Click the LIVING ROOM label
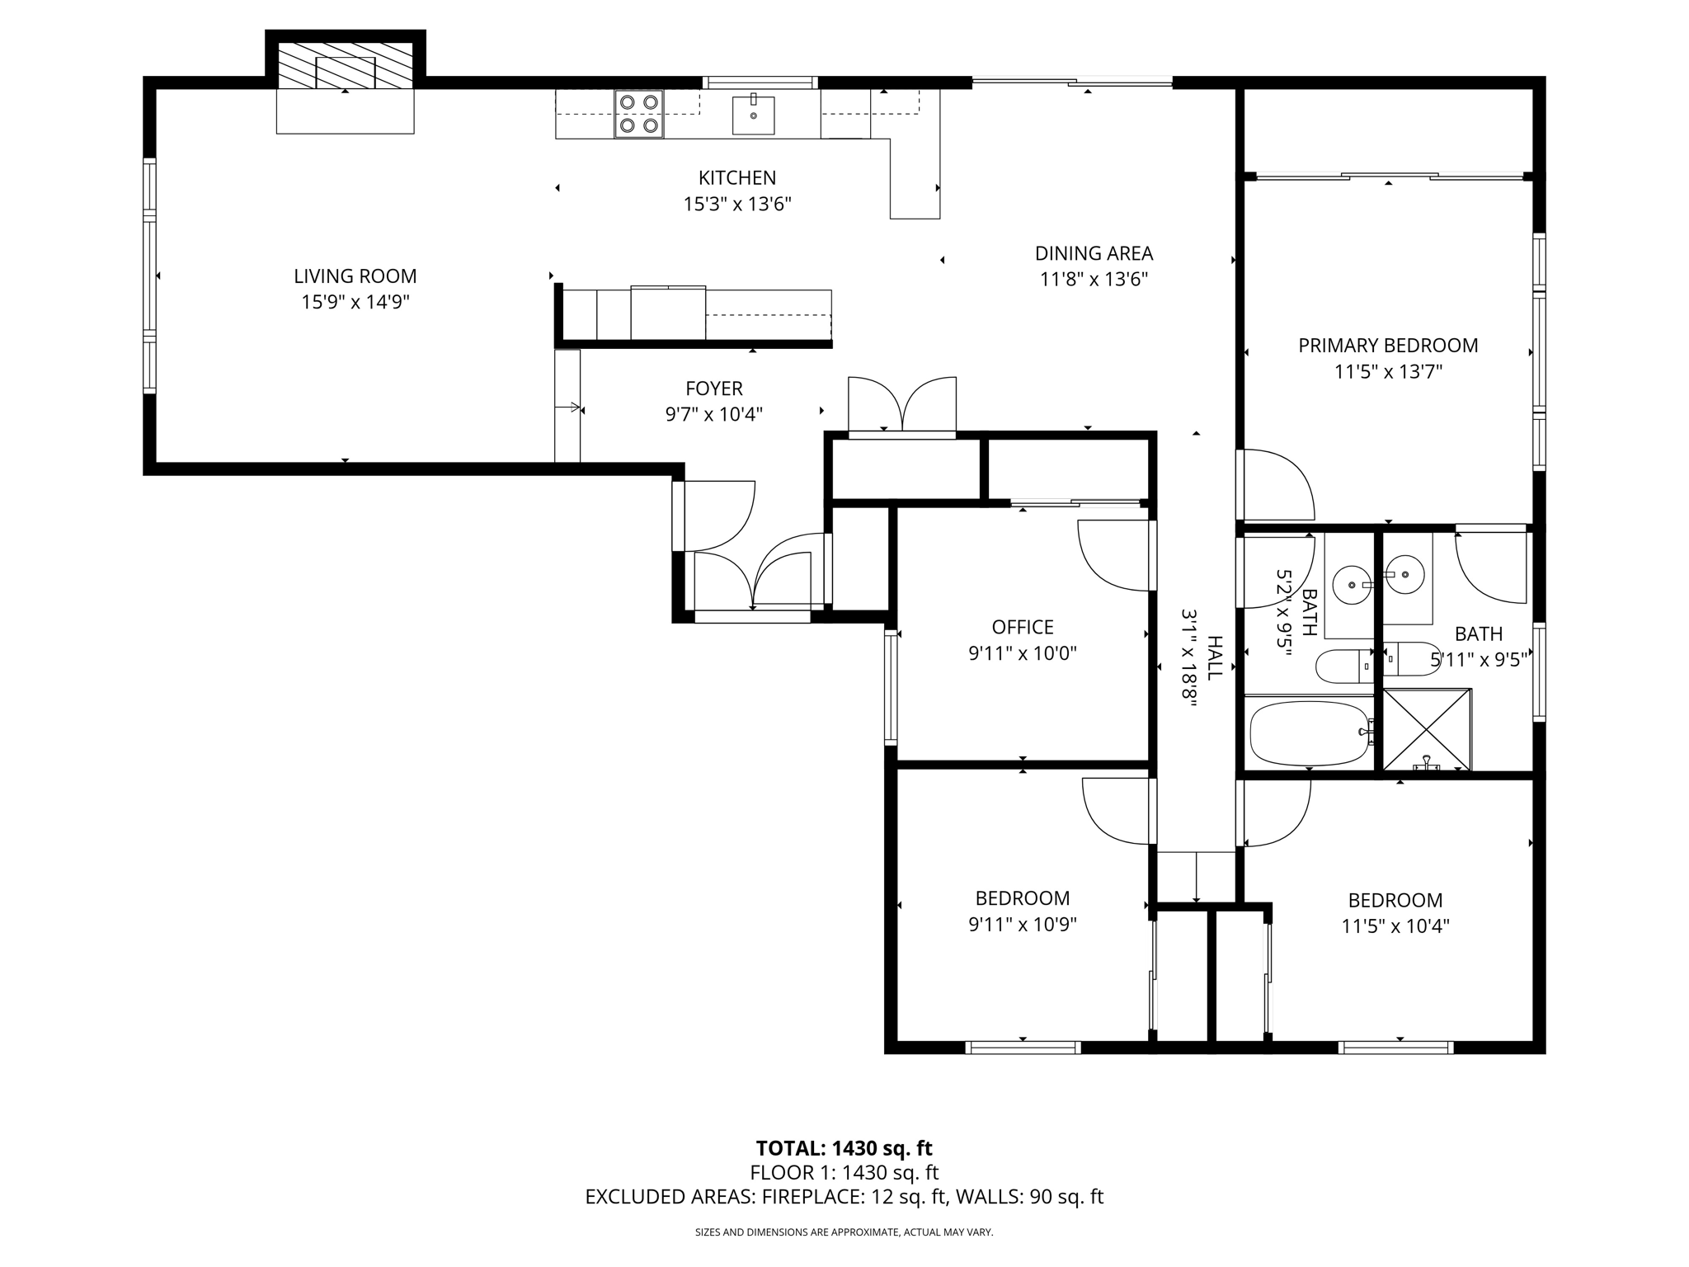pyautogui.click(x=355, y=276)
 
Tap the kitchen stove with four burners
pyautogui.click(x=639, y=114)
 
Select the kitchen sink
pyautogui.click(x=753, y=115)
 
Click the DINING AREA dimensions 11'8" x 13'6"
pyautogui.click(x=1094, y=280)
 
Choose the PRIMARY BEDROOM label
pyautogui.click(x=1388, y=346)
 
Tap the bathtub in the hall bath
pyautogui.click(x=1310, y=732)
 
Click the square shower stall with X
pyautogui.click(x=1427, y=730)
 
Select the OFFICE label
pyautogui.click(x=1023, y=627)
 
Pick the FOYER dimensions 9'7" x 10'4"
pyautogui.click(x=713, y=414)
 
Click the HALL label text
pyautogui.click(x=1214, y=657)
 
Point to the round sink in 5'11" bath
pyautogui.click(x=1404, y=574)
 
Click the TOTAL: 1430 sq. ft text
pyautogui.click(x=844, y=1148)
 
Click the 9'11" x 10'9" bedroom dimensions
pyautogui.click(x=1023, y=925)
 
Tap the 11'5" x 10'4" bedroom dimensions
pyautogui.click(x=1395, y=926)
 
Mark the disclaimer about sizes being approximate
pyautogui.click(x=844, y=1232)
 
